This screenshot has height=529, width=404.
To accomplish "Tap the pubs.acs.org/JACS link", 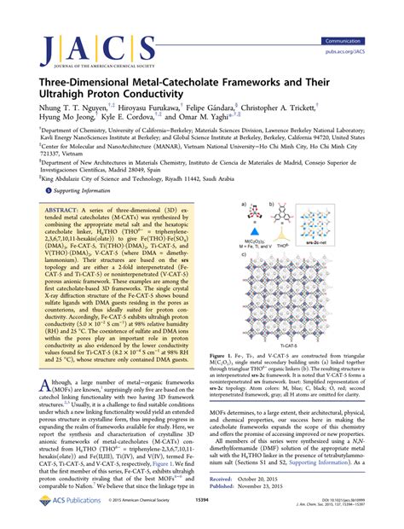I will (x=364, y=51).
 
